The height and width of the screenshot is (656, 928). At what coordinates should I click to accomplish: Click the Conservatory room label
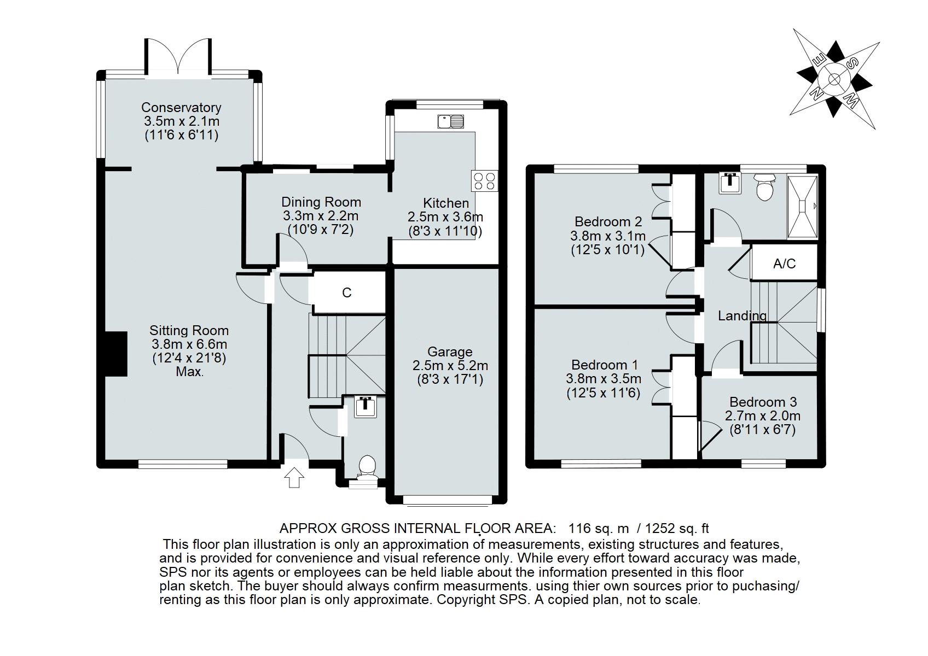point(181,108)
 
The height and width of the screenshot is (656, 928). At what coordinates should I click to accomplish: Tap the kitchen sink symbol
point(450,122)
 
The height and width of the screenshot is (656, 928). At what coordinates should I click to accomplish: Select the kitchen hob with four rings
point(484,181)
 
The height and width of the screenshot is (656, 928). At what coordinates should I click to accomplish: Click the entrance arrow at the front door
point(294,478)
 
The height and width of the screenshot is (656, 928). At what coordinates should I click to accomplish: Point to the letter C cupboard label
point(347,293)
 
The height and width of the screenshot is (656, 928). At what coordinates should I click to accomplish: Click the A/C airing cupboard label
point(784,263)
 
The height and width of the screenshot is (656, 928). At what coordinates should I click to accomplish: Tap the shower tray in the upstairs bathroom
point(803,207)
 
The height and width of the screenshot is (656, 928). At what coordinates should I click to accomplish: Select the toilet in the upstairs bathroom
point(764,187)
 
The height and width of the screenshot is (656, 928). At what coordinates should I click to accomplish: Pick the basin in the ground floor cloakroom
point(366,407)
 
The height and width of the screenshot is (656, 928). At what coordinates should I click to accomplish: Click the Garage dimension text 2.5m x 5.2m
point(450,366)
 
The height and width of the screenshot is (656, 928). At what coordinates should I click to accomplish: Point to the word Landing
point(743,316)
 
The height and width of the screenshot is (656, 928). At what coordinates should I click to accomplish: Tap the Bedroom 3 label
point(763,402)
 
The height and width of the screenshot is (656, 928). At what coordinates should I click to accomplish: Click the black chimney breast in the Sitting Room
point(115,354)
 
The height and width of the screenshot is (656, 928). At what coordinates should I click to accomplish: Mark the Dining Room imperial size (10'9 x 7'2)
point(320,230)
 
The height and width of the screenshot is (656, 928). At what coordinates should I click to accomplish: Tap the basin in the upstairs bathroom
point(729,183)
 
